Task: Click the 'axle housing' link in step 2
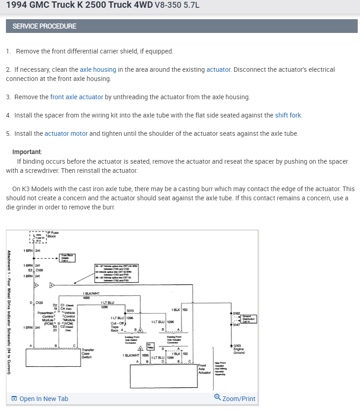coord(98,70)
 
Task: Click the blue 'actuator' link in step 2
coord(218,70)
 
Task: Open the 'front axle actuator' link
coord(77,97)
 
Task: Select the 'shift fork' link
coord(288,115)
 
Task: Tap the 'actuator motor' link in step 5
coord(63,134)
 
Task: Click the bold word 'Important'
coord(27,152)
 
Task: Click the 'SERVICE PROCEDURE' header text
coord(44,26)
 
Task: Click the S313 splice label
coord(130,310)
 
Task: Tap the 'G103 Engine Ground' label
coord(239,349)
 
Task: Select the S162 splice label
coord(236,313)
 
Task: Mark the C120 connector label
coord(39,302)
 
